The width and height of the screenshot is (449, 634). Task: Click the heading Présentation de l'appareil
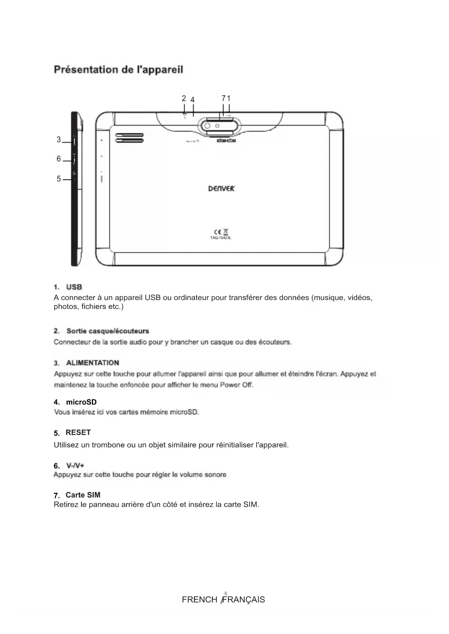[118, 70]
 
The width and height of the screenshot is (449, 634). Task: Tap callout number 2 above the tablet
[184, 98]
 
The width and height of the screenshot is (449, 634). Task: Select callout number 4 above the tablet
[192, 99]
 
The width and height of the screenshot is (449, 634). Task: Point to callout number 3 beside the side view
[59, 140]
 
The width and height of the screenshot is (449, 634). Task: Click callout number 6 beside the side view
[59, 159]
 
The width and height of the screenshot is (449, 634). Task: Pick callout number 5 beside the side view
[59, 179]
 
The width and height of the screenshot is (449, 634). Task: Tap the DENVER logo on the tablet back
[221, 188]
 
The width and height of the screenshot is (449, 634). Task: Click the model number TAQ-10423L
[220, 237]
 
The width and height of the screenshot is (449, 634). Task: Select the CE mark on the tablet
[217, 232]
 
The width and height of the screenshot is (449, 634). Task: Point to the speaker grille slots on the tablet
[130, 138]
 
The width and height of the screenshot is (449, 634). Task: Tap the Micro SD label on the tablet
[191, 141]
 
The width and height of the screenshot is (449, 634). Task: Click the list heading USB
[74, 287]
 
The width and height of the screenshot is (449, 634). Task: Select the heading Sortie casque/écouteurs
[107, 331]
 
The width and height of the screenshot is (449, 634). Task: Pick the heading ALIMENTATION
[93, 363]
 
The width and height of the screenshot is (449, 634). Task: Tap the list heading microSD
[81, 402]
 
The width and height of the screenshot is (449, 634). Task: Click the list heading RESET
[78, 432]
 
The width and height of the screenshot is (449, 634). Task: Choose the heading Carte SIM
[83, 495]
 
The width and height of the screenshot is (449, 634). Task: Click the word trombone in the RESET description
[108, 445]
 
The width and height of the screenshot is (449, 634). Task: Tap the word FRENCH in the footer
[199, 600]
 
